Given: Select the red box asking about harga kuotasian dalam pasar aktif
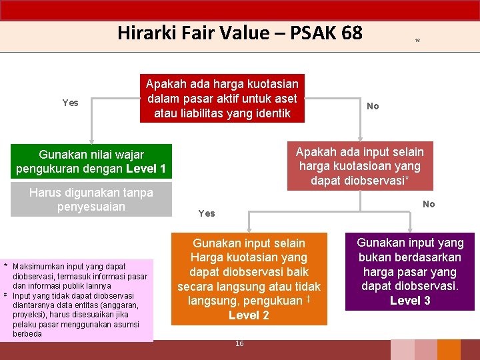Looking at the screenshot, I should coord(222,98).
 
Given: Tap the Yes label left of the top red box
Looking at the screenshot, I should coord(70,103).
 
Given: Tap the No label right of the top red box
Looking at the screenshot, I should coord(373,106).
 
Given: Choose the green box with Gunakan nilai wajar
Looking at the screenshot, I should coord(91,161).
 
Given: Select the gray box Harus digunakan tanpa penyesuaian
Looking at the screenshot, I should coord(91,200).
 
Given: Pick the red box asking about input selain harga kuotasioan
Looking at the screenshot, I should coord(359,166).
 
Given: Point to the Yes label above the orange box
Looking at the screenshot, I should coord(207,213).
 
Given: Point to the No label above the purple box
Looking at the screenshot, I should coord(429,205).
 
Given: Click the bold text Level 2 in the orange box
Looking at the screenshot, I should coord(249,315).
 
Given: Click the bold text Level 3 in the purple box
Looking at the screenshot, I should coord(410,301).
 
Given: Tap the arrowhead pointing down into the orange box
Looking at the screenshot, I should coord(249,228).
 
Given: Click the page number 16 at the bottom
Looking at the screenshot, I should coord(239,343).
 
